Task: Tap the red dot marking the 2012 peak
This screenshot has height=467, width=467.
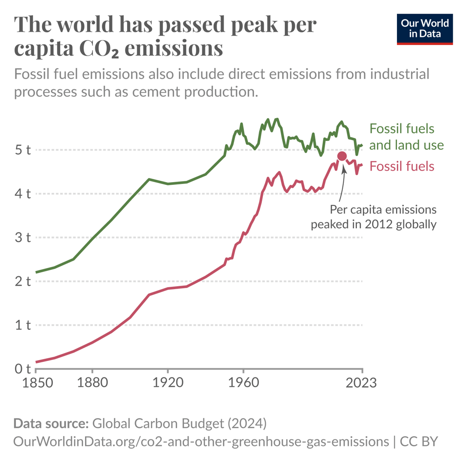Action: click(342, 156)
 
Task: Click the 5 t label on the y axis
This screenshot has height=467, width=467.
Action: click(22, 150)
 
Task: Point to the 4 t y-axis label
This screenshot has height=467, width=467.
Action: click(22, 193)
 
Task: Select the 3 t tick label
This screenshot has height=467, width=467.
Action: click(22, 237)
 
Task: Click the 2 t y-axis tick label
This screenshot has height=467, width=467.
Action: click(22, 281)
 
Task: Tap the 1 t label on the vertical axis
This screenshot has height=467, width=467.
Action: click(22, 325)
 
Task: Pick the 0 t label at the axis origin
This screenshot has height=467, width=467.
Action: click(22, 369)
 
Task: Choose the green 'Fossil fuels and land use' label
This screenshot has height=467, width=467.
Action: click(406, 137)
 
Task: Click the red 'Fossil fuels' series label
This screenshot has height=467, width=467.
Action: click(402, 166)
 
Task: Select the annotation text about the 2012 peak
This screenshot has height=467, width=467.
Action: click(374, 217)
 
